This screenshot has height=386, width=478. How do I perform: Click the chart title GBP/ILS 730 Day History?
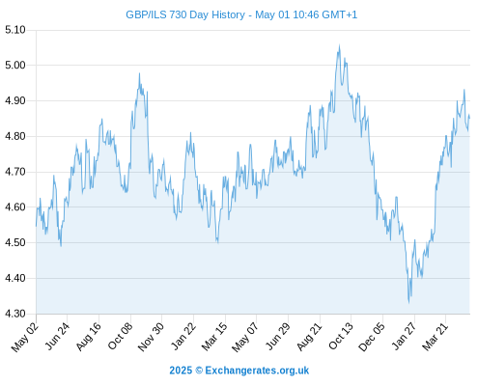185,14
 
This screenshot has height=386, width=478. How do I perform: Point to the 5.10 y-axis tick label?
15,30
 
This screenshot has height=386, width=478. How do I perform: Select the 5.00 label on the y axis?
15,66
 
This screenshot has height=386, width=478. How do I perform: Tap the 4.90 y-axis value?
15,100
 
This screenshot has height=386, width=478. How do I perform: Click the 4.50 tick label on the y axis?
15,242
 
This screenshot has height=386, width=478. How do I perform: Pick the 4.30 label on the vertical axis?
15,314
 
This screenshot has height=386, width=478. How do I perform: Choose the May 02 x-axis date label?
25,337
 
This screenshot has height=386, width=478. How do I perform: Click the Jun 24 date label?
58,336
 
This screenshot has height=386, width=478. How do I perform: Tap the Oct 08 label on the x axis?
120,336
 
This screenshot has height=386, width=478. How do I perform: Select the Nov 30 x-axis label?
151,337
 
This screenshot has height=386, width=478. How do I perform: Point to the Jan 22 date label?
183,336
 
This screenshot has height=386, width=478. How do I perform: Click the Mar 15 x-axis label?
214,337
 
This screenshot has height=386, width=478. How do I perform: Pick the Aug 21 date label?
309,337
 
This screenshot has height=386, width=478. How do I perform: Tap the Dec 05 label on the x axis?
372,337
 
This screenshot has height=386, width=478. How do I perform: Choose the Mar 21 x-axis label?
436,337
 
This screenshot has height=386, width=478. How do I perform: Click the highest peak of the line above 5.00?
339,45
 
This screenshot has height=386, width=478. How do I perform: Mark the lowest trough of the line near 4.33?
409,303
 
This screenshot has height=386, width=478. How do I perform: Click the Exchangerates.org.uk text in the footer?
257,371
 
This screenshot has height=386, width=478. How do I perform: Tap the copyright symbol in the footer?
199,371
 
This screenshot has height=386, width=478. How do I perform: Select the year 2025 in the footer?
181,371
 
